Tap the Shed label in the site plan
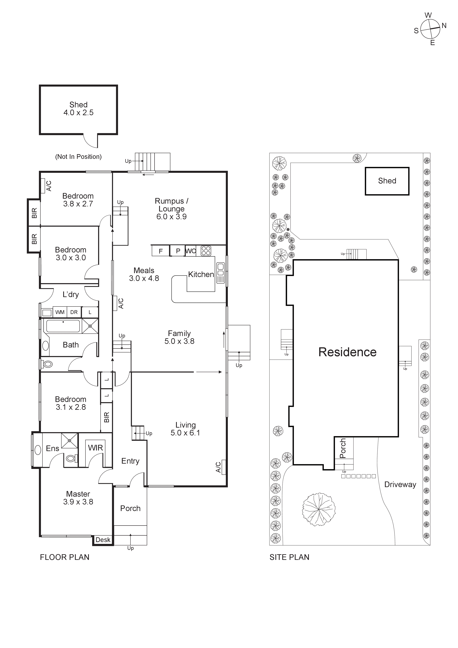pos(387,181)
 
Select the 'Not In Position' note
pos(78,157)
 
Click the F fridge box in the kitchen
pos(161,251)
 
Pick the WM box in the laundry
pos(60,312)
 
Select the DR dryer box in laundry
pos(74,312)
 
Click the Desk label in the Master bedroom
pos(103,540)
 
